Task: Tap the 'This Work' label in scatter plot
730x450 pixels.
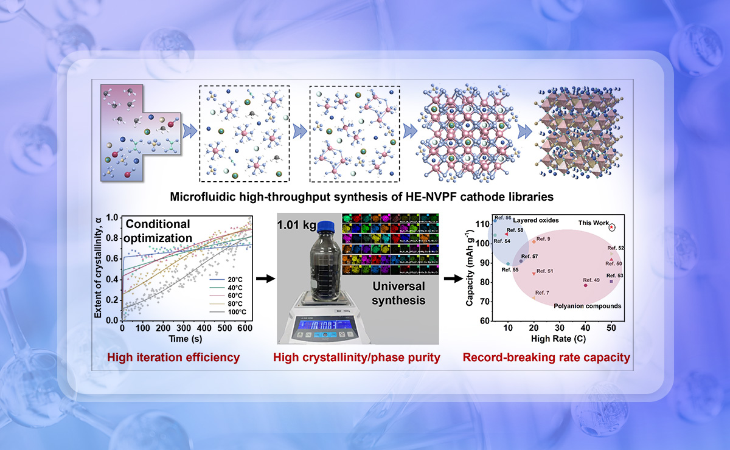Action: [x=593, y=223]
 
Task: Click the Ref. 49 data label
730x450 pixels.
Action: [x=593, y=280]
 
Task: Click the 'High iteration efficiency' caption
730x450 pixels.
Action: [x=173, y=358]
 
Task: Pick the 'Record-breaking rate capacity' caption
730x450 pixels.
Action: [x=546, y=358]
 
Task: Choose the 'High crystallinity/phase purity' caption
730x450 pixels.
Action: [x=356, y=358]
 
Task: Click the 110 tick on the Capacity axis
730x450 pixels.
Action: [x=484, y=224]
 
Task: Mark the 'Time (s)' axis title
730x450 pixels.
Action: [x=186, y=338]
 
